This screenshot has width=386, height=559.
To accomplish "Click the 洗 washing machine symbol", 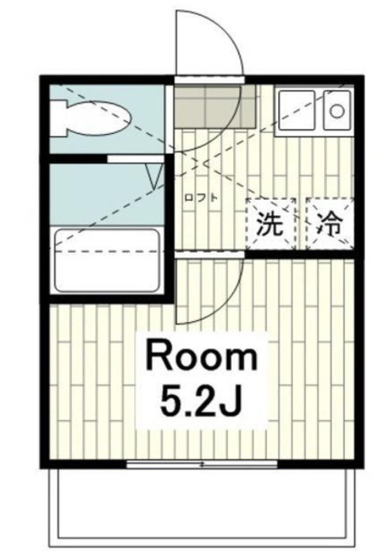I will [271, 224].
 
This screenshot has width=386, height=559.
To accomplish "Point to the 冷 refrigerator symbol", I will [329, 224].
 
